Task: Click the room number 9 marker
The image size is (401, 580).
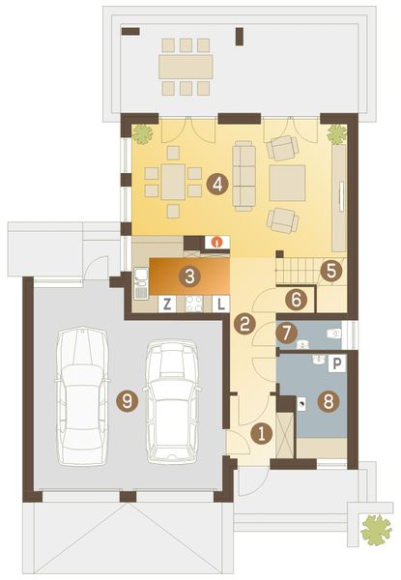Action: (125, 397)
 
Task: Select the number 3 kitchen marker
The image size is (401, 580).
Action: (190, 276)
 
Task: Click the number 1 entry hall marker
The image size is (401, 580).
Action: (259, 434)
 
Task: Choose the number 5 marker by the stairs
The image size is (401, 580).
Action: (331, 272)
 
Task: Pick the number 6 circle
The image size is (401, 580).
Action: (297, 301)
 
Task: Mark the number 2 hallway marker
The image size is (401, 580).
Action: (245, 325)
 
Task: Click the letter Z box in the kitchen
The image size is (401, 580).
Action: (167, 304)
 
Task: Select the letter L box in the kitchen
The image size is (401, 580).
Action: (220, 304)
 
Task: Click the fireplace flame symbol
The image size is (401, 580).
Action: (218, 242)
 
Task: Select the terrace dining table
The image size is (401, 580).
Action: (186, 66)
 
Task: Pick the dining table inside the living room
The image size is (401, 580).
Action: (172, 181)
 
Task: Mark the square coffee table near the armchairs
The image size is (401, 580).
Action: (287, 181)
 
